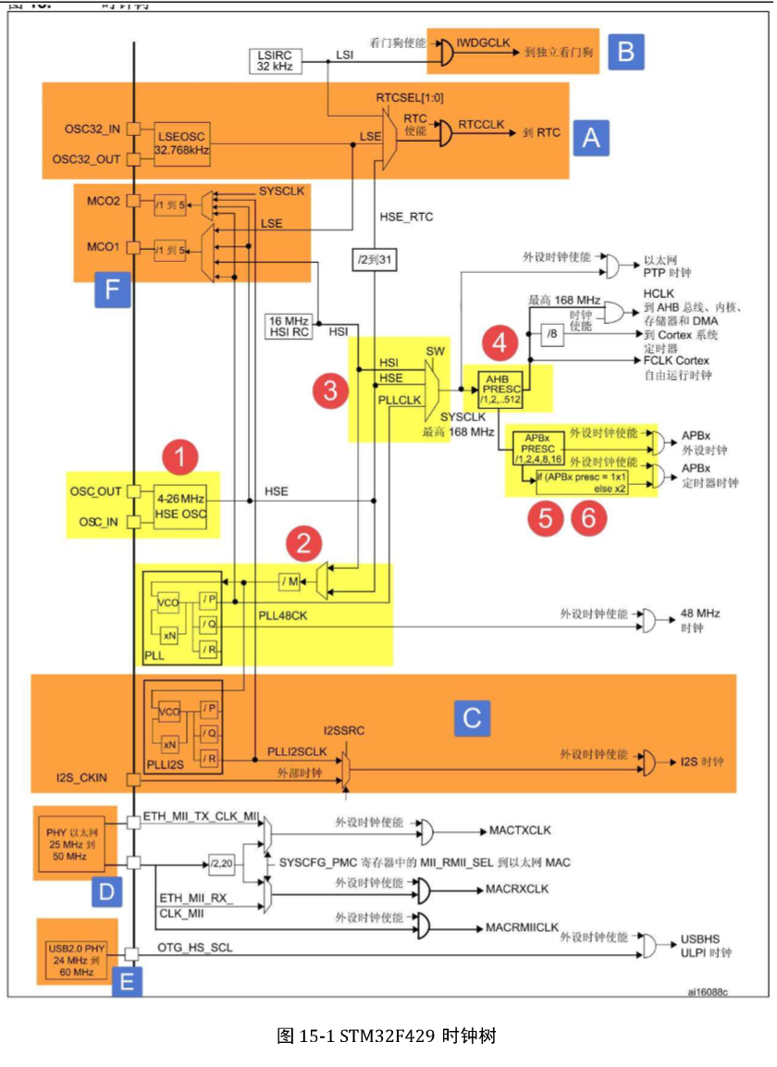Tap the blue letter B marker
tap(625, 52)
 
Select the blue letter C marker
tap(472, 718)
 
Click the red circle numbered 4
tap(499, 343)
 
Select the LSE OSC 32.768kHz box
tap(181, 143)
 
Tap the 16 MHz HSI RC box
tap(288, 326)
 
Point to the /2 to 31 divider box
tap(376, 260)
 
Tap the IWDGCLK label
tap(485, 43)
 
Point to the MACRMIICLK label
tap(523, 926)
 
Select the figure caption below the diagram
tap(387, 1035)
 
